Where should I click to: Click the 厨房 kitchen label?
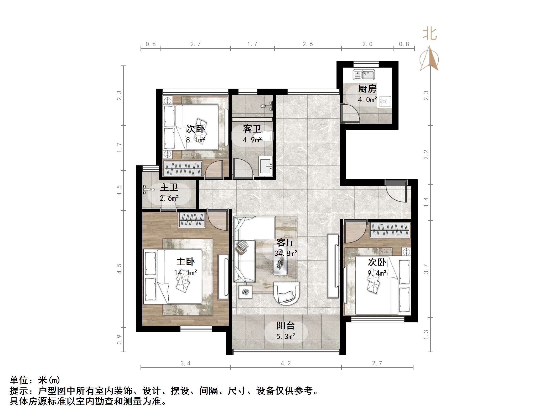[x=367, y=89]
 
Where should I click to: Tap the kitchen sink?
[x=364, y=75]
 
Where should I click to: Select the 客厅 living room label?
[x=285, y=242]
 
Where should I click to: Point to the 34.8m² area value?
[x=286, y=253]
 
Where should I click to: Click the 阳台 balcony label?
[x=286, y=326]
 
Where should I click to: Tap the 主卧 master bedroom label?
[x=185, y=262]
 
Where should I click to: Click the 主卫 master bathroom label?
[x=169, y=187]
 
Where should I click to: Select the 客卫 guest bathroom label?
[x=252, y=129]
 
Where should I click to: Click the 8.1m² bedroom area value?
[x=195, y=140]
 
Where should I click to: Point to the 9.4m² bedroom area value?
[x=377, y=273]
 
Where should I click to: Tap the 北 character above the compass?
[x=429, y=34]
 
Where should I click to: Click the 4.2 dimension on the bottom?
[x=286, y=363]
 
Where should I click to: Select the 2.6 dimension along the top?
[x=307, y=44]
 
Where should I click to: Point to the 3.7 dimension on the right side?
[x=426, y=269]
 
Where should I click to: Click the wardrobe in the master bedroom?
[x=192, y=220]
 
